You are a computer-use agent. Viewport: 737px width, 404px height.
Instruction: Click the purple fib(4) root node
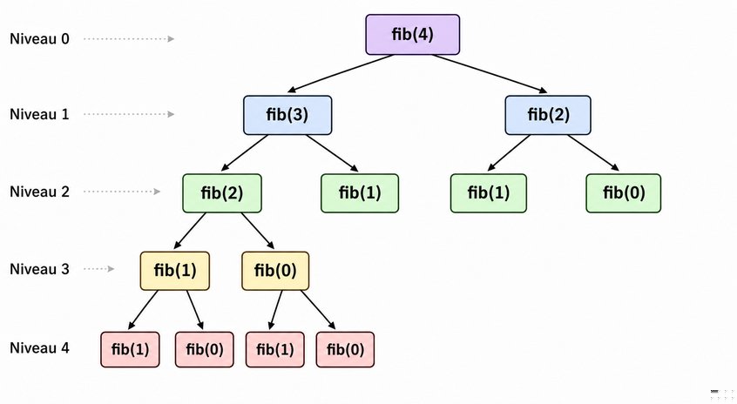413,35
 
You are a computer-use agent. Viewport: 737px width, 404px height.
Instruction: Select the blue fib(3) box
287,115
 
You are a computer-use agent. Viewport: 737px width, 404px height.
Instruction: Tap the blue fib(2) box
548,115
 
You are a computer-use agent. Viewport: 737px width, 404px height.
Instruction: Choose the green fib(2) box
222,193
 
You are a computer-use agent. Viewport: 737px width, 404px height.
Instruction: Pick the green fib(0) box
623,193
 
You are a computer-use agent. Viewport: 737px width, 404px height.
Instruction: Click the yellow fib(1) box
175,271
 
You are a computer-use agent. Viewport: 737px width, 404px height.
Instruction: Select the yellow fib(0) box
275,271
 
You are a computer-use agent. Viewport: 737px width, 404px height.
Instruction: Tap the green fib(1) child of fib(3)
360,193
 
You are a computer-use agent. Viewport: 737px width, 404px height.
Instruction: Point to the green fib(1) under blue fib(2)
489,193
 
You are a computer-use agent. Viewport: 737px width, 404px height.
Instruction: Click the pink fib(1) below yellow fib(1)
130,349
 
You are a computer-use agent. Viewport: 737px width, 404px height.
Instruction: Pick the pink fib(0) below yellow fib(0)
346,349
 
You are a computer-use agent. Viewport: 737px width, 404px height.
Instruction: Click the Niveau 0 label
39,38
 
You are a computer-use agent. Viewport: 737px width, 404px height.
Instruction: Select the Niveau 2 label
39,192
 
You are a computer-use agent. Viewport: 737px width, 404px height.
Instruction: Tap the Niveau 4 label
39,348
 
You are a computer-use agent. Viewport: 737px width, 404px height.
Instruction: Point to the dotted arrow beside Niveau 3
99,269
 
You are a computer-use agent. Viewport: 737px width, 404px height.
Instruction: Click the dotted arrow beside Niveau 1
129,114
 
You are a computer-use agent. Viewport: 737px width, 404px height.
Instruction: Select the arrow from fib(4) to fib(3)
341,73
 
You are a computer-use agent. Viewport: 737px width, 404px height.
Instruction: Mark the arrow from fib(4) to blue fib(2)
490,73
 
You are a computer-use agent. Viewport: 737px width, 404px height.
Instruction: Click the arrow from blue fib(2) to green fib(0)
593,152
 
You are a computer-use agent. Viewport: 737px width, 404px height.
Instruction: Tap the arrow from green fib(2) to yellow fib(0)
258,231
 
